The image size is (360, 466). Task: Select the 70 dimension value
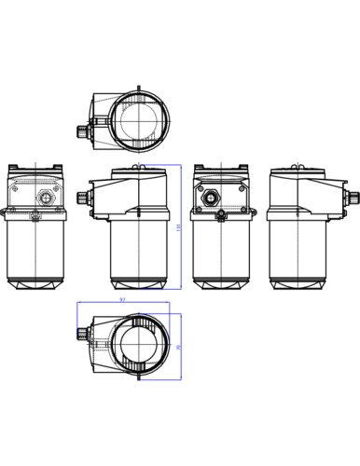pyautogui.click(x=178, y=346)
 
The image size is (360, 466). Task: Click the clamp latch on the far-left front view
pyautogui.click(x=35, y=217)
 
